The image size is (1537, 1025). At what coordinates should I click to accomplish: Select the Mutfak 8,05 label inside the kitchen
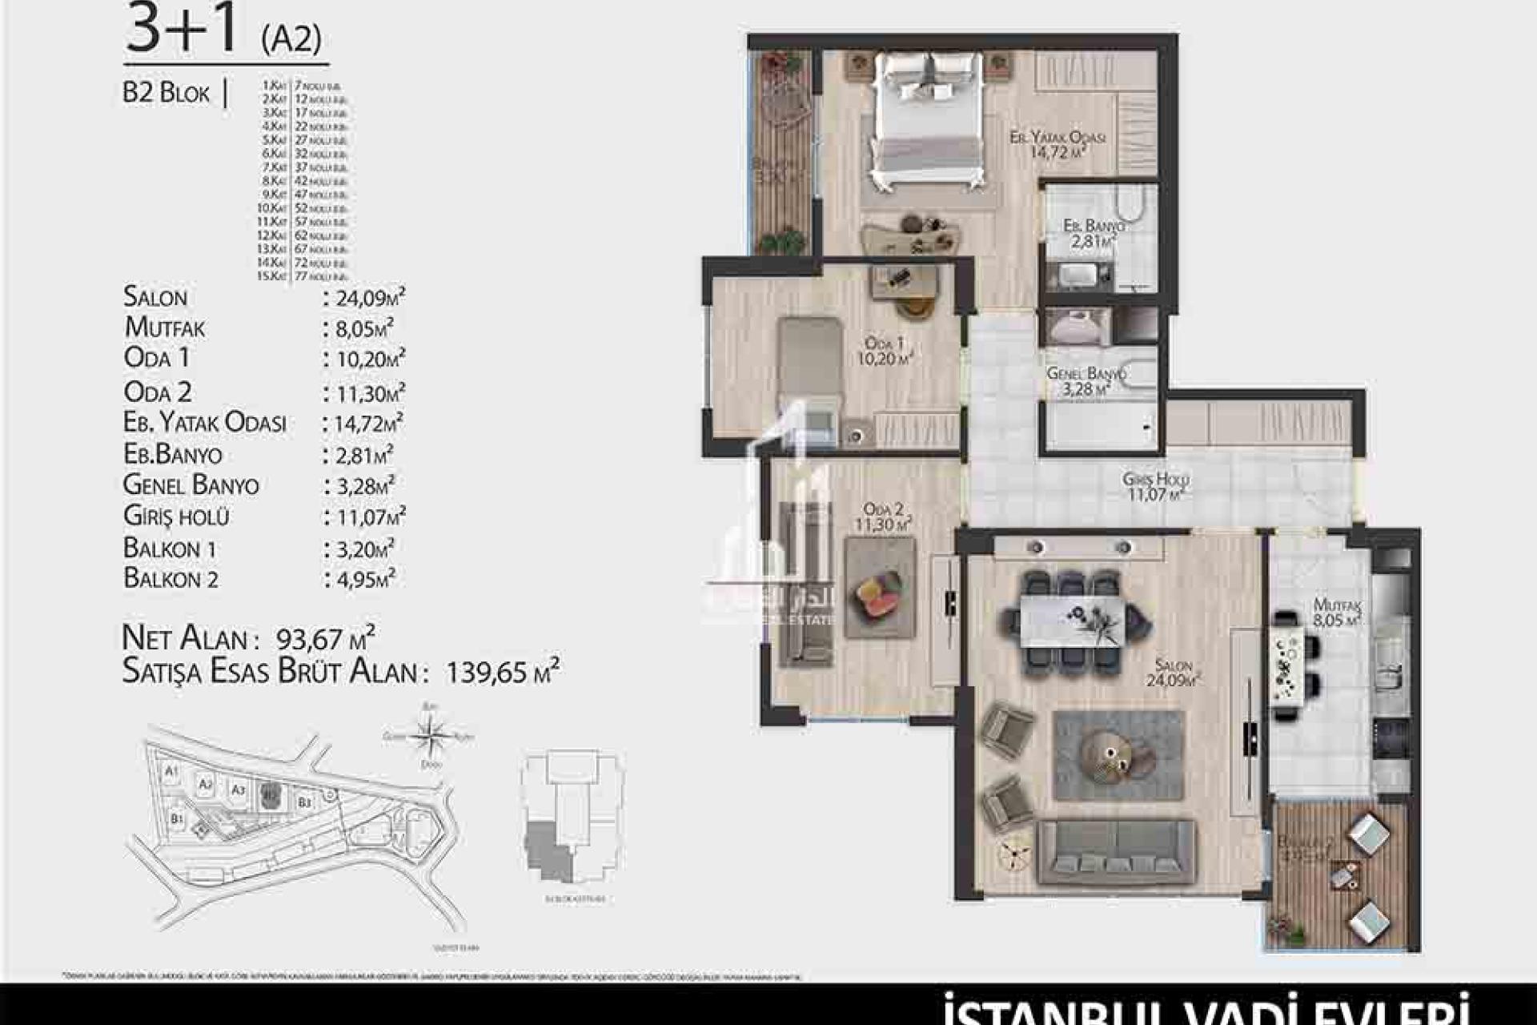[1337, 613]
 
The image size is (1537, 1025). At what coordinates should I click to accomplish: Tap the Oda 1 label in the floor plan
[885, 352]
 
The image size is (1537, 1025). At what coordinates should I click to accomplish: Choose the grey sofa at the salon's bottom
[1117, 852]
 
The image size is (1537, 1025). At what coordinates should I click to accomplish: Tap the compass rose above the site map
[430, 734]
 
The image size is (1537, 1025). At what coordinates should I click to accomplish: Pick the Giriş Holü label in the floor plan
[1155, 486]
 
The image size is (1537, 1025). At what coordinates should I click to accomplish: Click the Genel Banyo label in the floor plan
[1086, 380]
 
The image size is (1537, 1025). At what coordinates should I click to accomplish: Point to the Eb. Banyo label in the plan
[1092, 233]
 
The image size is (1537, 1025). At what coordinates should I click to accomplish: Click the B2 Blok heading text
[166, 93]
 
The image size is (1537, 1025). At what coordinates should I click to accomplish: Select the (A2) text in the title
[291, 38]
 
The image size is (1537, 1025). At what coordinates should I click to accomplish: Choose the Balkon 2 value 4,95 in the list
[359, 579]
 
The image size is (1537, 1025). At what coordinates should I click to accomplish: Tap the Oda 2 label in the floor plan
[884, 517]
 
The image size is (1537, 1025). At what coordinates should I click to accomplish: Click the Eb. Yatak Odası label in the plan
[1057, 144]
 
